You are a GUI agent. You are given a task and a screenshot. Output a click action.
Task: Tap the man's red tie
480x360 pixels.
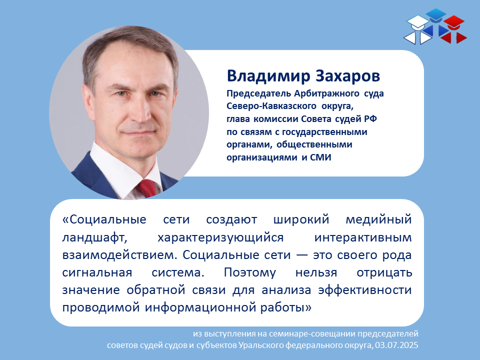coord(147,188)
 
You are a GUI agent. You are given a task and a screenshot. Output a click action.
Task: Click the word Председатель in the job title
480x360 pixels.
coord(258,93)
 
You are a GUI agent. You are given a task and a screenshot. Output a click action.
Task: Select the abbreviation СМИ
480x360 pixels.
coord(320,157)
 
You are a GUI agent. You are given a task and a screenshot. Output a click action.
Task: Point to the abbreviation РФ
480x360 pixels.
coord(370,119)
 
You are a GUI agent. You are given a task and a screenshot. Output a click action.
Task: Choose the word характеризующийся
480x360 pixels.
coord(220,238)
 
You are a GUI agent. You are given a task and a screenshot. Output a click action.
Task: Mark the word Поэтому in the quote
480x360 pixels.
coord(250,272)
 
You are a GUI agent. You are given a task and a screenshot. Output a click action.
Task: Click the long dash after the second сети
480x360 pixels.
coord(301,255)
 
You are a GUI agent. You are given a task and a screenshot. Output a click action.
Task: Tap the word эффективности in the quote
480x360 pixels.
coord(365,290)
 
